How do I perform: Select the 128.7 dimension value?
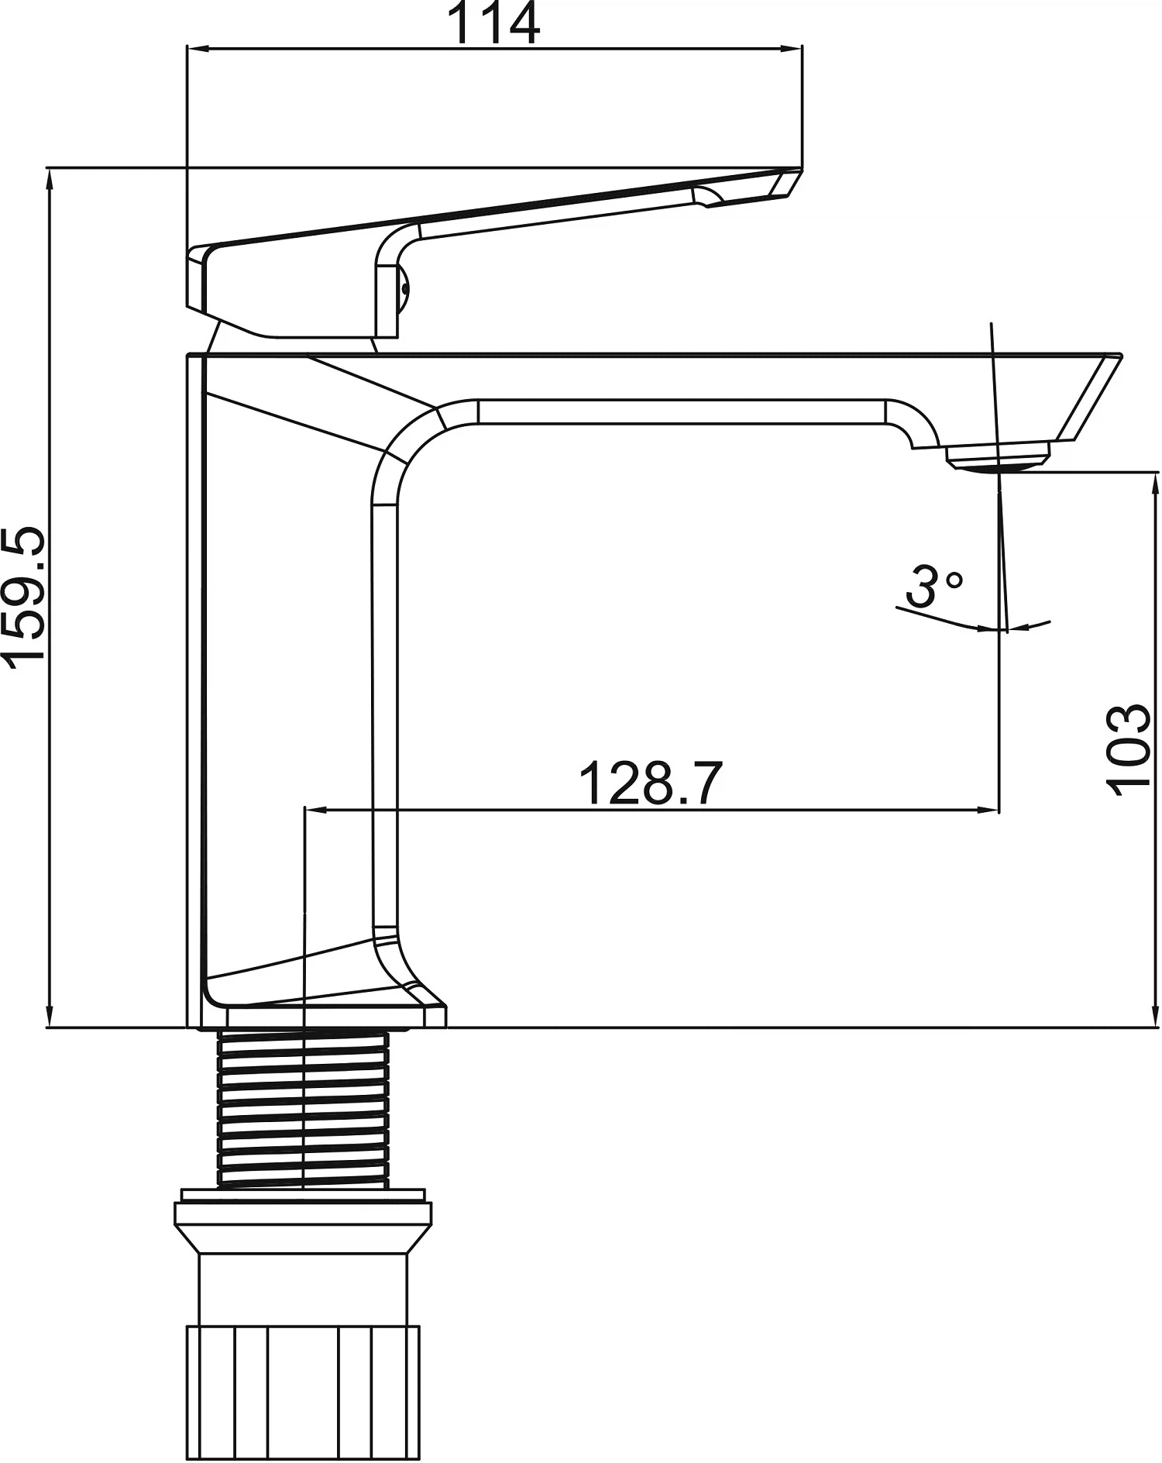pyautogui.click(x=651, y=783)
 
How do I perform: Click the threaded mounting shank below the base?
pyautogui.click(x=304, y=1109)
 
